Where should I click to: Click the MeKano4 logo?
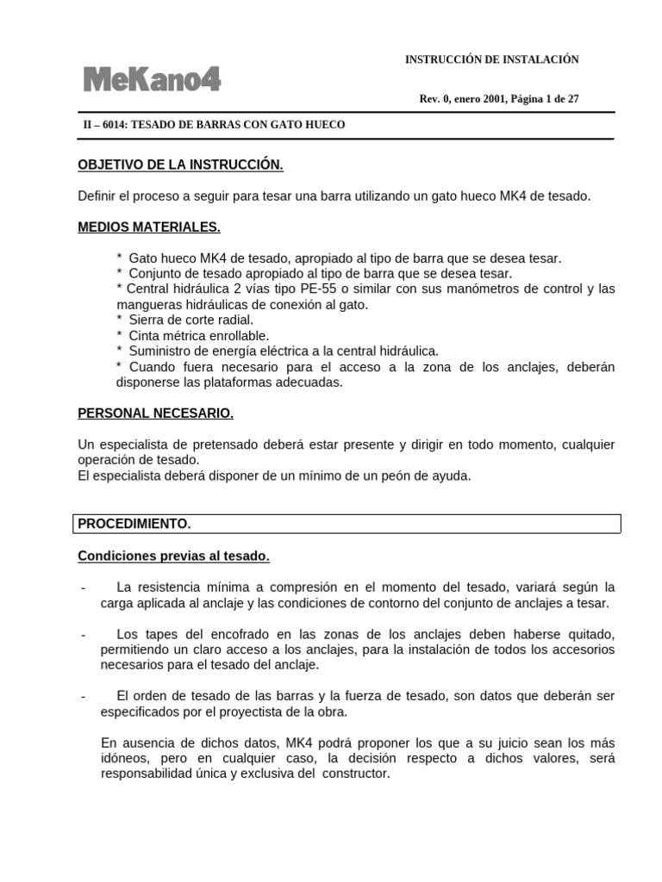(x=152, y=80)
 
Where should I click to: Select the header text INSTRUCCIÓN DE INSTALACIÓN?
(x=491, y=59)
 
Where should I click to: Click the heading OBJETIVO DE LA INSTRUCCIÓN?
(x=180, y=164)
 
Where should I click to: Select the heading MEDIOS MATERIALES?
(x=148, y=227)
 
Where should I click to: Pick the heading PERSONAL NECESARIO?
(x=155, y=413)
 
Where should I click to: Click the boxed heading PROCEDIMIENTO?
(x=134, y=524)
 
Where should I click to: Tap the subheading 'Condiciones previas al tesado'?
(x=173, y=556)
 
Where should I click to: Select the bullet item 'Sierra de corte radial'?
(x=190, y=320)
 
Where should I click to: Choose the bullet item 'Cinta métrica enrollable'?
(x=198, y=335)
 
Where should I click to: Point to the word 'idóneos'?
(x=125, y=758)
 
